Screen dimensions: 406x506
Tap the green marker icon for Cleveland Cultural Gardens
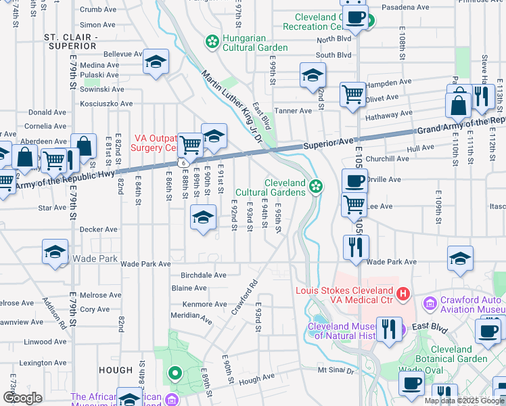pos(315,187)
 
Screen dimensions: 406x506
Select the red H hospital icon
pos(403,294)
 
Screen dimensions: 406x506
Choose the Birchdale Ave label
pos(203,275)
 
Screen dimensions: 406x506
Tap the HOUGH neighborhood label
pos(114,370)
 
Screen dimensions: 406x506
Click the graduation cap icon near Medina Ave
pos(156,63)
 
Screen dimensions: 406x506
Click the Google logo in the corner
pos(22,398)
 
